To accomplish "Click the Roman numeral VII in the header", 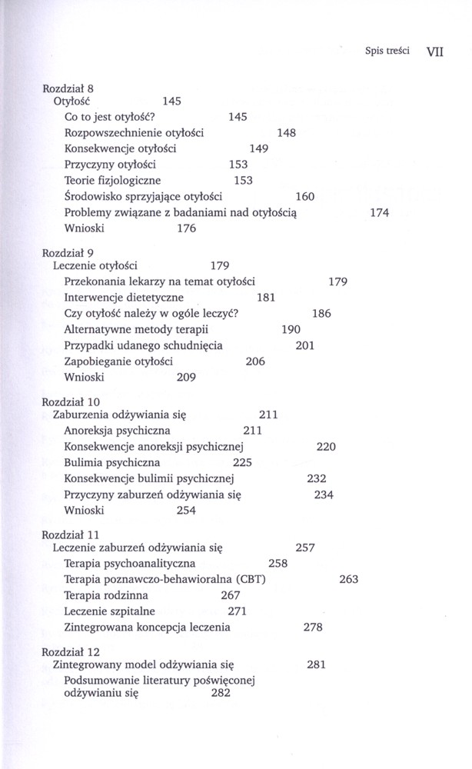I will coord(435,54).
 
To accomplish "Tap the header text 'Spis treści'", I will coord(387,53).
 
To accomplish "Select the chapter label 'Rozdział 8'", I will coord(68,88).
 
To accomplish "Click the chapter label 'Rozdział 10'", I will coord(71,402).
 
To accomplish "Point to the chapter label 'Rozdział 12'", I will coord(71,651).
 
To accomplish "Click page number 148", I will coord(286,133).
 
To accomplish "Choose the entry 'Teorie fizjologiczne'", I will coord(112,180).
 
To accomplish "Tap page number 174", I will coord(380,213).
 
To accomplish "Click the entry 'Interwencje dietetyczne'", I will coord(124,298).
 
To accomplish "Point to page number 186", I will coord(321,314).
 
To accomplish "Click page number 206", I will coord(255,361).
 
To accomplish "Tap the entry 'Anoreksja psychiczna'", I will coord(117,431).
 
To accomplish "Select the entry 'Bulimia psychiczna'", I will coord(112,462).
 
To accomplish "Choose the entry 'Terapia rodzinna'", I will coord(106,595).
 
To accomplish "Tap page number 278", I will coord(313,628).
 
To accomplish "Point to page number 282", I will coord(220,694).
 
